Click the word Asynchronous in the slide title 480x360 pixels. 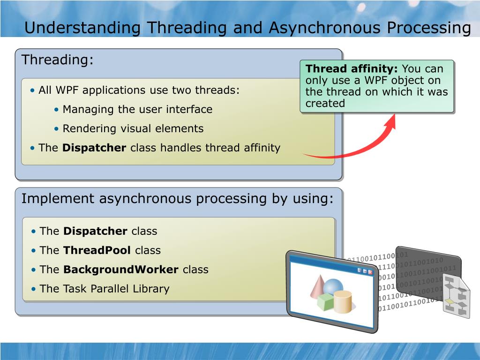pos(325,28)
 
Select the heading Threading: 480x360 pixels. pos(57,60)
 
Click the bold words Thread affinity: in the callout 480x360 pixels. pos(352,68)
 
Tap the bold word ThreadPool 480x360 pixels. pos(97,250)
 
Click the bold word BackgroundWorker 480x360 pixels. pos(120,270)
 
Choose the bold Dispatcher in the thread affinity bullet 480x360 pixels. pos(94,148)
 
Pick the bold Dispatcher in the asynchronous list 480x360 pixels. pos(95,231)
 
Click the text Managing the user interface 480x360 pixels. pos(137,109)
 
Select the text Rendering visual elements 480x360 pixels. pos(133,128)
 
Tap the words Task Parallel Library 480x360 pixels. pos(115,289)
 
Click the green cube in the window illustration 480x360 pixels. pos(325,302)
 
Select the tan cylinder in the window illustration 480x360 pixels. pos(343,302)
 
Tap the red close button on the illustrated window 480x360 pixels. pos(370,271)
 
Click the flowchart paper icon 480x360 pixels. pos(457,296)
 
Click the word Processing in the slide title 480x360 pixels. pos(429,28)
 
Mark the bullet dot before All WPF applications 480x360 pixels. pos(32,90)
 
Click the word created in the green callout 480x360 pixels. pos(325,104)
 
